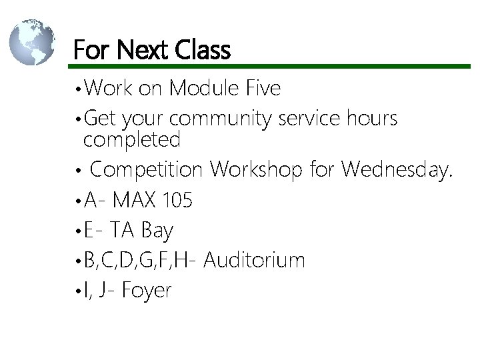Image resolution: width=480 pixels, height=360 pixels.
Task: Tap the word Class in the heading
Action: pos(203,50)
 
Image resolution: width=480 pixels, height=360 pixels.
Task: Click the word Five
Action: pos(263,87)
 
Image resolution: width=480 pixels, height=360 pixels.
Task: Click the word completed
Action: pos(132,140)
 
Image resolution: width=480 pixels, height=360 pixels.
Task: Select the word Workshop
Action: pos(257,170)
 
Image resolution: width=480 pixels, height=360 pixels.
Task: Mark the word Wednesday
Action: pos(397,170)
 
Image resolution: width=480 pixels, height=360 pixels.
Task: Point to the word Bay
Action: pos(157,231)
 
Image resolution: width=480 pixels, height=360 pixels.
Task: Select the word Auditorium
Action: pos(254,260)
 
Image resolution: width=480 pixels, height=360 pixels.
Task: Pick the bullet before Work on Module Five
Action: pos(79,89)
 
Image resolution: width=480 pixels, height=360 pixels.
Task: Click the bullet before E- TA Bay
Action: pos(79,231)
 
